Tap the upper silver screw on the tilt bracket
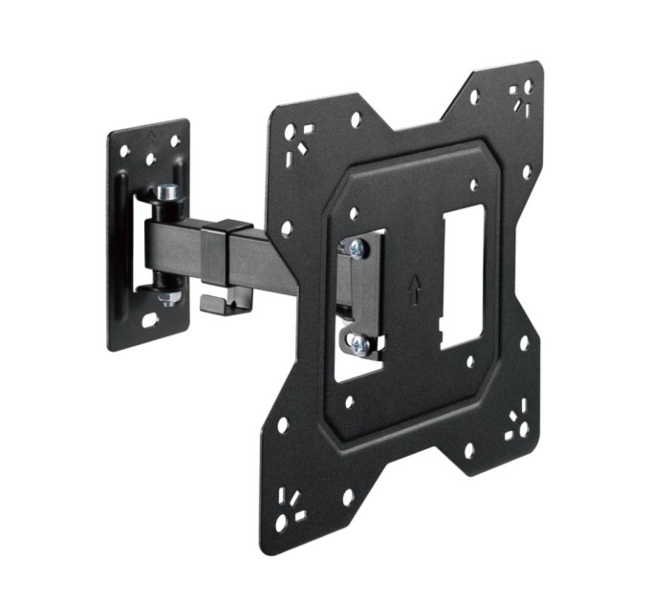(x=357, y=248)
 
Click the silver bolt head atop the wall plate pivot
(x=167, y=192)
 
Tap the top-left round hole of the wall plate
(x=124, y=150)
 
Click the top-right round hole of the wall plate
(x=175, y=140)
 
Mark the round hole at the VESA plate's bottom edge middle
(x=468, y=450)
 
